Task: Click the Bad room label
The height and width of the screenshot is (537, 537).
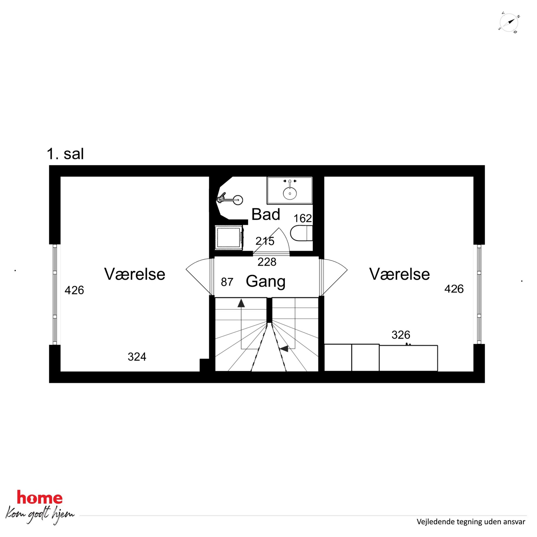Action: (x=266, y=215)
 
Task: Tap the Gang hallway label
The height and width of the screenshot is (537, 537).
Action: (x=266, y=281)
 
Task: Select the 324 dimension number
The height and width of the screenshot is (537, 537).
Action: (x=137, y=357)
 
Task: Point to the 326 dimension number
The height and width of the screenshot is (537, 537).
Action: (x=401, y=335)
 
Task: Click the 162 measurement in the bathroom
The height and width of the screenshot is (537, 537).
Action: (x=303, y=218)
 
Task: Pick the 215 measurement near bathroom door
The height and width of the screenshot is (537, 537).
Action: (x=265, y=241)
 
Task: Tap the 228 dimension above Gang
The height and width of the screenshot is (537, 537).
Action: (x=267, y=262)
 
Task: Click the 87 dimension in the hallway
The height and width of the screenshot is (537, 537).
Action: (x=227, y=282)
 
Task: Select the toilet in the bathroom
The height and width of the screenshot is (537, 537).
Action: (x=301, y=233)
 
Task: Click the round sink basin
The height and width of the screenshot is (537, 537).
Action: (x=290, y=193)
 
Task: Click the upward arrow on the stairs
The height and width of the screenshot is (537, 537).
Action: (x=241, y=303)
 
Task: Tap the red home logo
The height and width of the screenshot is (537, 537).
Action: (x=40, y=497)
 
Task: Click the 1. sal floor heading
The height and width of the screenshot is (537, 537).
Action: (x=65, y=154)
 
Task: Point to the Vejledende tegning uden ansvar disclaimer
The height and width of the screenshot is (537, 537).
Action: (x=471, y=522)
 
